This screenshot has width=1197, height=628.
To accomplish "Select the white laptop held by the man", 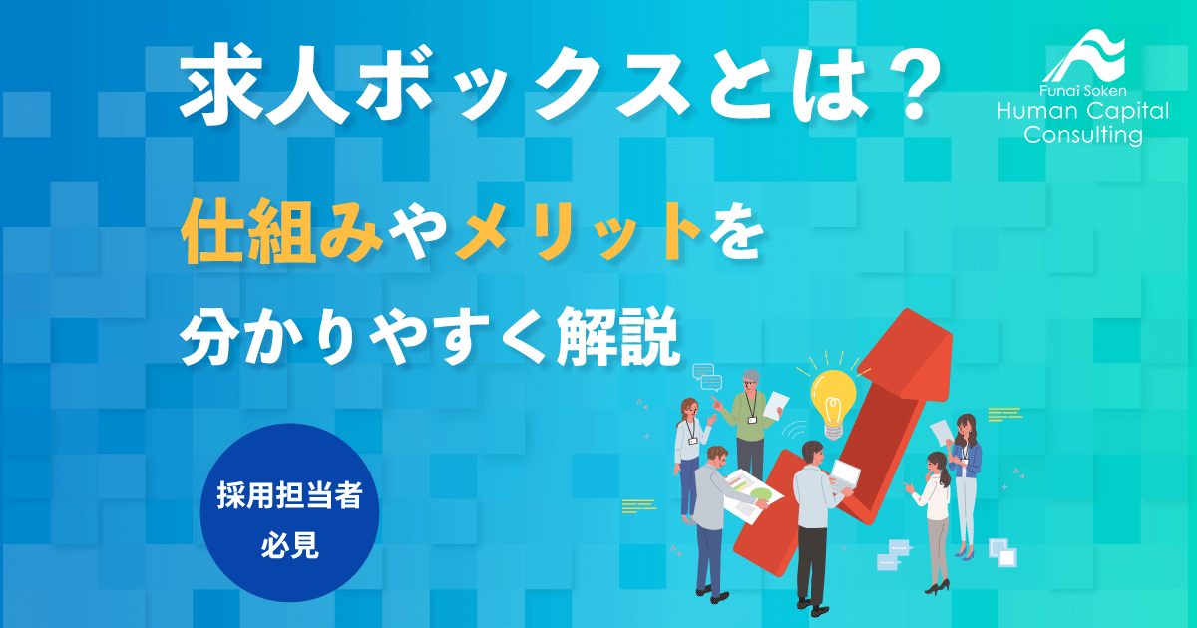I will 844,476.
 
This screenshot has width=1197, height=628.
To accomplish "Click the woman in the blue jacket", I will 965,478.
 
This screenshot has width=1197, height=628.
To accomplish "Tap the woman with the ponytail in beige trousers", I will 936,518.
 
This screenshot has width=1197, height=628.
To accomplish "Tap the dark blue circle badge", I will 289,513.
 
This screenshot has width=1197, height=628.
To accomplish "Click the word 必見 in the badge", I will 289,545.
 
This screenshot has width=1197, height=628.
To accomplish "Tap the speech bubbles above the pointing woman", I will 707,376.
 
